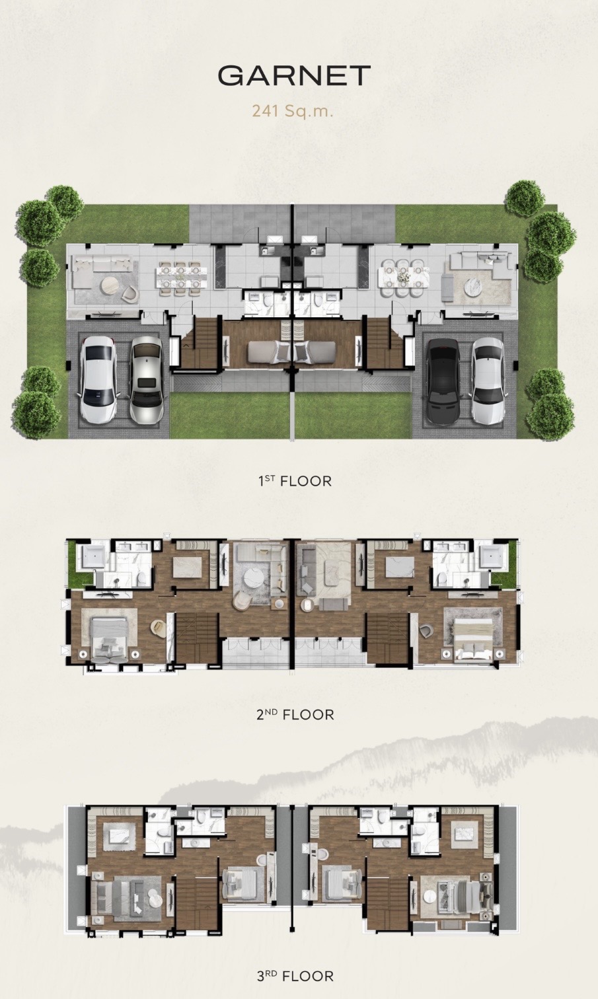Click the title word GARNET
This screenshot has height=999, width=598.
coord(294,75)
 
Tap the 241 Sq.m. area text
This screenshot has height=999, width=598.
coord(293,110)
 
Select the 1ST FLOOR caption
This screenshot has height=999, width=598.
coord(295,481)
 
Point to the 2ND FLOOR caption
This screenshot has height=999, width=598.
coord(295,715)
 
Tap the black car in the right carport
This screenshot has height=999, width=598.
coord(443,381)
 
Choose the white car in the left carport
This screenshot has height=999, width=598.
coord(98,379)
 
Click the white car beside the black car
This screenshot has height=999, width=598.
coord(488,381)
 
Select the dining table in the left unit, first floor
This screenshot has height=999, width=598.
coord(180,277)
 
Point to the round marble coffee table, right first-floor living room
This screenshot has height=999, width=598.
coord(474,287)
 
